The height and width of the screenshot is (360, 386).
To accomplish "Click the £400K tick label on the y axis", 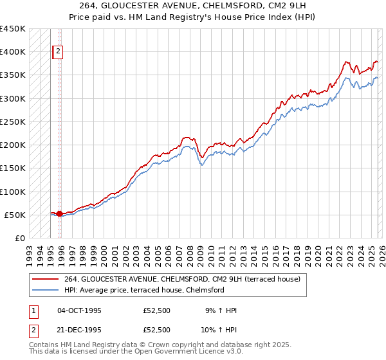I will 13,52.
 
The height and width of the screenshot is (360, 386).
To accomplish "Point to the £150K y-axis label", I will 13,168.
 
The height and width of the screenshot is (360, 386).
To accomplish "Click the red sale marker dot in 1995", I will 59,213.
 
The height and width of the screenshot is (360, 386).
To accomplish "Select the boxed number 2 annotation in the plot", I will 58,53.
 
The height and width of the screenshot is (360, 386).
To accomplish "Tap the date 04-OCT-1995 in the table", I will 79,310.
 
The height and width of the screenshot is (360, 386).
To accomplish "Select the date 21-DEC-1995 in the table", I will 79,329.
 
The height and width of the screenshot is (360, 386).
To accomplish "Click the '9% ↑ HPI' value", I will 220,310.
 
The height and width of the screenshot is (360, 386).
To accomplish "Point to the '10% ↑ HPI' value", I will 220,329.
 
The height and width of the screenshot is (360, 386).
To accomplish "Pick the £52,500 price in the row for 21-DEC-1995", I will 157,329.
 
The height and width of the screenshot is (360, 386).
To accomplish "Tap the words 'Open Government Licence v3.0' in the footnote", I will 190,352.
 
